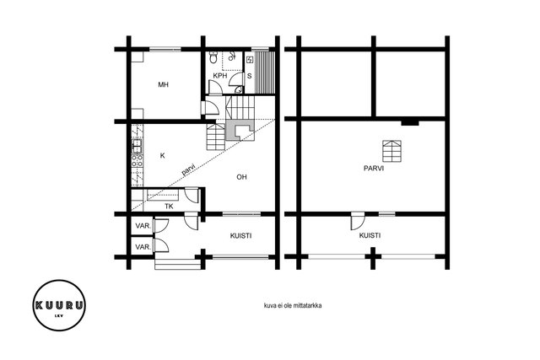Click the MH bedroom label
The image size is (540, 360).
(163, 84)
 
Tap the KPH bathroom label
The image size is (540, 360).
(219, 76)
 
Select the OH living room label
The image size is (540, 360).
(241, 177)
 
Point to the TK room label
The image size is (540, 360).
(169, 207)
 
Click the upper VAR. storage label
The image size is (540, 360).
(143, 226)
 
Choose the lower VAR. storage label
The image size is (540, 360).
(143, 247)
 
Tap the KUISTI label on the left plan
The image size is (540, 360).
(240, 236)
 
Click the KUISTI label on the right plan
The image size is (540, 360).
(370, 236)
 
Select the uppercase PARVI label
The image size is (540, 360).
(374, 169)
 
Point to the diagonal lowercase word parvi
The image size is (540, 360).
(189, 169)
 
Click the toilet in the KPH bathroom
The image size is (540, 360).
(213, 57)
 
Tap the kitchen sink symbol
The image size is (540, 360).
(137, 146)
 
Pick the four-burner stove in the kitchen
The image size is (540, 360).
(137, 161)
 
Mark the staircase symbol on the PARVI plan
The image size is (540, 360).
(391, 151)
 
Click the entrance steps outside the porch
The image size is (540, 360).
(178, 264)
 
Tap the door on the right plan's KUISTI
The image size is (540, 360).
(357, 221)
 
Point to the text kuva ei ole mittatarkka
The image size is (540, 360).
(293, 305)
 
